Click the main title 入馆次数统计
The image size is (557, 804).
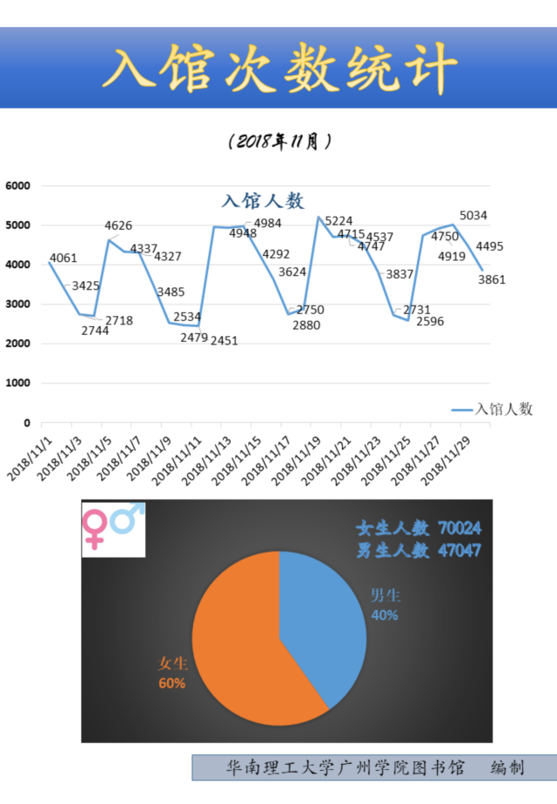point(278,68)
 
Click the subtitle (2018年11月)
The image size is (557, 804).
point(278,141)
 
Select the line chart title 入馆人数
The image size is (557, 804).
point(263,201)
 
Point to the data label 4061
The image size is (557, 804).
point(64,258)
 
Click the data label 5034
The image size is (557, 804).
point(473,215)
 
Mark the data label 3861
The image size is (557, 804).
point(491,280)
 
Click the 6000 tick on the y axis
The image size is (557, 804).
point(17,185)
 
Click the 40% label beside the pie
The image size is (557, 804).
point(385,615)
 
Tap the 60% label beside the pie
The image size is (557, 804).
point(171,683)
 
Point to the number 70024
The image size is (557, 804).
point(460,528)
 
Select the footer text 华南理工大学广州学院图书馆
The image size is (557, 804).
point(346,767)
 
